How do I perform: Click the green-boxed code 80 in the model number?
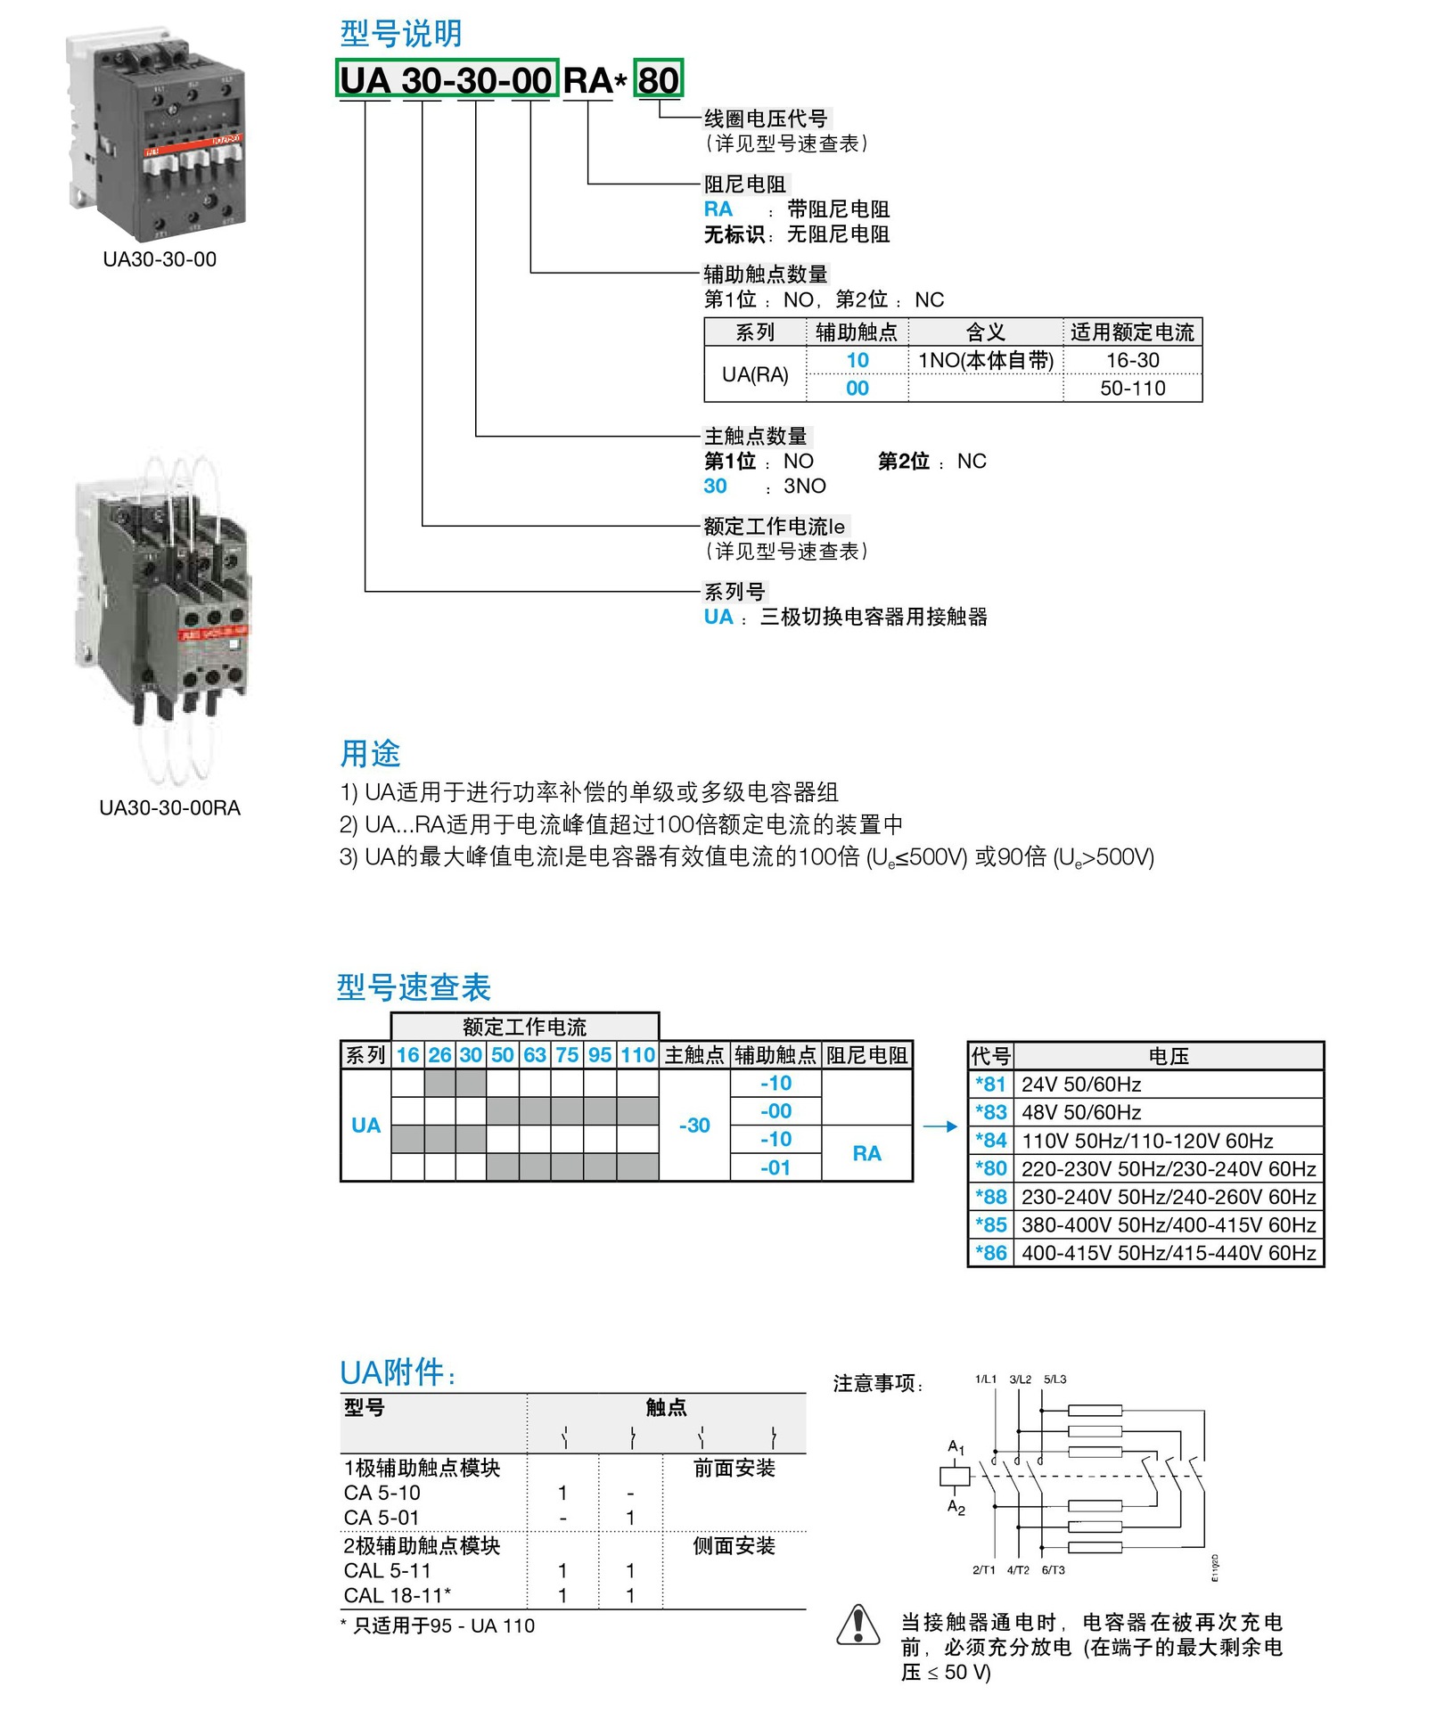click(659, 80)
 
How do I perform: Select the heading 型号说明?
click(401, 34)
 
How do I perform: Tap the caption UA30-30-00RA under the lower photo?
click(169, 807)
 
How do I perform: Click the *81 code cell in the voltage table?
click(990, 1084)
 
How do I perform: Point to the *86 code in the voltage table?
click(990, 1252)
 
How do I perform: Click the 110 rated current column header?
click(637, 1055)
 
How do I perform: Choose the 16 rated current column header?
click(407, 1055)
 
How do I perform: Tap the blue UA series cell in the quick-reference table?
click(365, 1125)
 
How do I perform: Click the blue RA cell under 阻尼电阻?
click(866, 1153)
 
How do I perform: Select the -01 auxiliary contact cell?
click(775, 1167)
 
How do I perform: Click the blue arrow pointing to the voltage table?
click(940, 1126)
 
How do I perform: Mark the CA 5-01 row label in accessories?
click(382, 1517)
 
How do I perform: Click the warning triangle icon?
click(858, 1625)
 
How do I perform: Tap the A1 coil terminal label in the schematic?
click(956, 1447)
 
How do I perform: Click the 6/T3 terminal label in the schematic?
click(1053, 1570)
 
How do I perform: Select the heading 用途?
click(370, 753)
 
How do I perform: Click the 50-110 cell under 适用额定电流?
click(1132, 388)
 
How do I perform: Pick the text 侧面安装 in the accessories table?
click(734, 1545)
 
